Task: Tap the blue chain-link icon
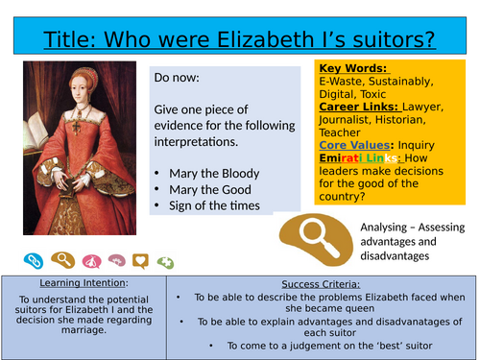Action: coord(35,259)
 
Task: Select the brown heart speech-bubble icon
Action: coord(140,260)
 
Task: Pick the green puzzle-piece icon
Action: coord(165,260)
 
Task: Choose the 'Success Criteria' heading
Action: coord(323,283)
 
